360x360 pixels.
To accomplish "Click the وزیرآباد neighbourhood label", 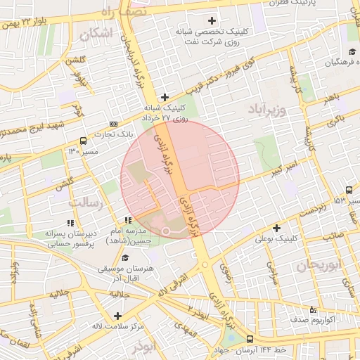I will tap(266, 110).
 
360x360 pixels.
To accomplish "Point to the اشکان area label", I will tap(96, 33).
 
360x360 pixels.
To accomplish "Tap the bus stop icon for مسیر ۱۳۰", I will tap(84, 141).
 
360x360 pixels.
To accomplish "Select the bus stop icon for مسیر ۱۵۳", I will tap(349, 191).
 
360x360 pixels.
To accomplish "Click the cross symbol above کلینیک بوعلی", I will tap(276, 228).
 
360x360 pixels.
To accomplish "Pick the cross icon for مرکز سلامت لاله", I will tap(117, 316).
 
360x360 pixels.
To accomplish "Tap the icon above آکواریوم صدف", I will tap(312, 309).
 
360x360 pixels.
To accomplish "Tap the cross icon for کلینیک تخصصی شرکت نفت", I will tap(212, 20).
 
